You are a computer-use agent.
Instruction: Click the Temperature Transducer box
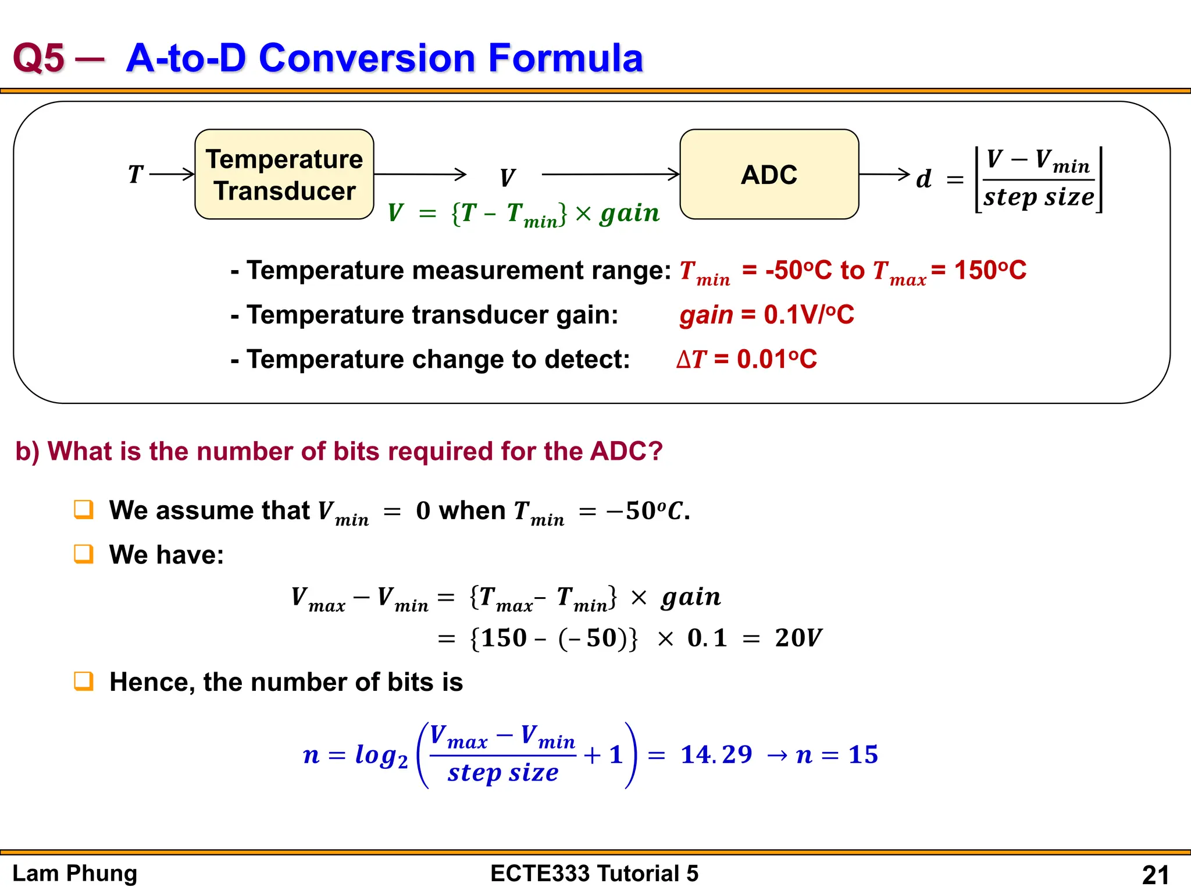pos(284,175)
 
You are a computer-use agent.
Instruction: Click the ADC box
pos(769,175)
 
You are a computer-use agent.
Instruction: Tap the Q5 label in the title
pos(38,58)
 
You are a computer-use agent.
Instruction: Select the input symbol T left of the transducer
pos(135,174)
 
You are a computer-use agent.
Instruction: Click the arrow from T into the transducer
pos(172,174)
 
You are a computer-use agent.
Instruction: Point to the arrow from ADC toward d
pos(884,174)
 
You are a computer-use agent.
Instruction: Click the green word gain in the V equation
pos(630,213)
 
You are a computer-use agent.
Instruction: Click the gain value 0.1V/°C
pos(808,315)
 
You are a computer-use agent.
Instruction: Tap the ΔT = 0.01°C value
pos(747,359)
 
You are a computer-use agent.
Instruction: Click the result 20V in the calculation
pos(798,638)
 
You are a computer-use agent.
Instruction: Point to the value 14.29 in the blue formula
pos(716,755)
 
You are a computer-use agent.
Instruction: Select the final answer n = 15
pos(837,755)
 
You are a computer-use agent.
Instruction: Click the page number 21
pos(1155,875)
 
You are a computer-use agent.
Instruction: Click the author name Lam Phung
pos(75,874)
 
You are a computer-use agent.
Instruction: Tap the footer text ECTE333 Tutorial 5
pos(594,874)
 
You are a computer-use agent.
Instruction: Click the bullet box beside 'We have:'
pos(84,554)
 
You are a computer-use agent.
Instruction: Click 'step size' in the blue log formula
pos(503,772)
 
